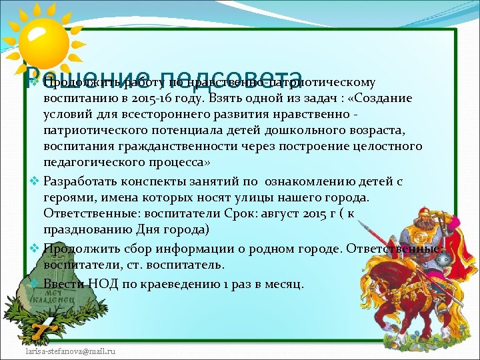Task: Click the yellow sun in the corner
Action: pos(41,41)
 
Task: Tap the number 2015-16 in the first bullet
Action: pos(159,99)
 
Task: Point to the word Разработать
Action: pos(80,181)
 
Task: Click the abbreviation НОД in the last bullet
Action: pos(102,284)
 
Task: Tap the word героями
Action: pos(67,197)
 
